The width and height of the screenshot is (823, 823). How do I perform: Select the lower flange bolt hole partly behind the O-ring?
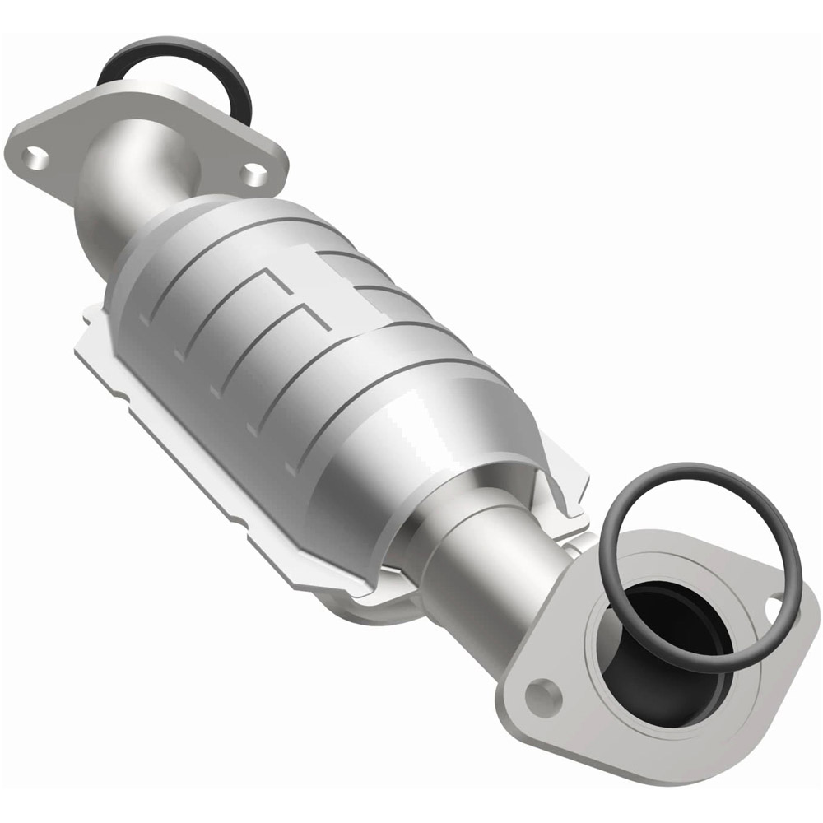click(x=774, y=609)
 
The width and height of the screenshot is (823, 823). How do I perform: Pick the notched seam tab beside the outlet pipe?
click(x=568, y=494)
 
